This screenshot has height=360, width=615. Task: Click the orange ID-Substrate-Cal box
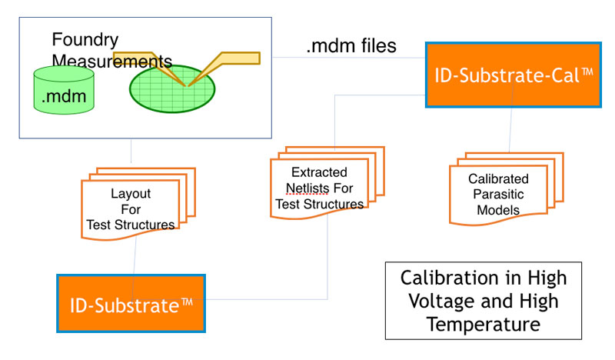(514, 75)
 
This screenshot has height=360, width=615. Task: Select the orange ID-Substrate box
(131, 304)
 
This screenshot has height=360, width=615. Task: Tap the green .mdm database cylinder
(64, 90)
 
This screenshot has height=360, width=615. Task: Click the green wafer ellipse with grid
(172, 89)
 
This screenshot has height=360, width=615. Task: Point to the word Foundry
(85, 40)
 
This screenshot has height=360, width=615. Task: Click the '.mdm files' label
(351, 45)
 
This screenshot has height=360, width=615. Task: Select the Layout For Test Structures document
(138, 204)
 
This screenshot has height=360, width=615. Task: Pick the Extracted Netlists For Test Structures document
(327, 182)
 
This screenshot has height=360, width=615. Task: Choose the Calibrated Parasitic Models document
(507, 188)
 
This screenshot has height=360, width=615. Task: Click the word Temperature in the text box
(484, 325)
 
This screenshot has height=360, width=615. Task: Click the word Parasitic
(498, 194)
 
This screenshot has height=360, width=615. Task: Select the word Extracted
(319, 172)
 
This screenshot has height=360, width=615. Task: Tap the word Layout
(131, 193)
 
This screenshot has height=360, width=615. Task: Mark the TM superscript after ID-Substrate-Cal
(587, 72)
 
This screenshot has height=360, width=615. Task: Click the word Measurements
(111, 62)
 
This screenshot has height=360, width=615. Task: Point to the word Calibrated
(498, 178)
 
